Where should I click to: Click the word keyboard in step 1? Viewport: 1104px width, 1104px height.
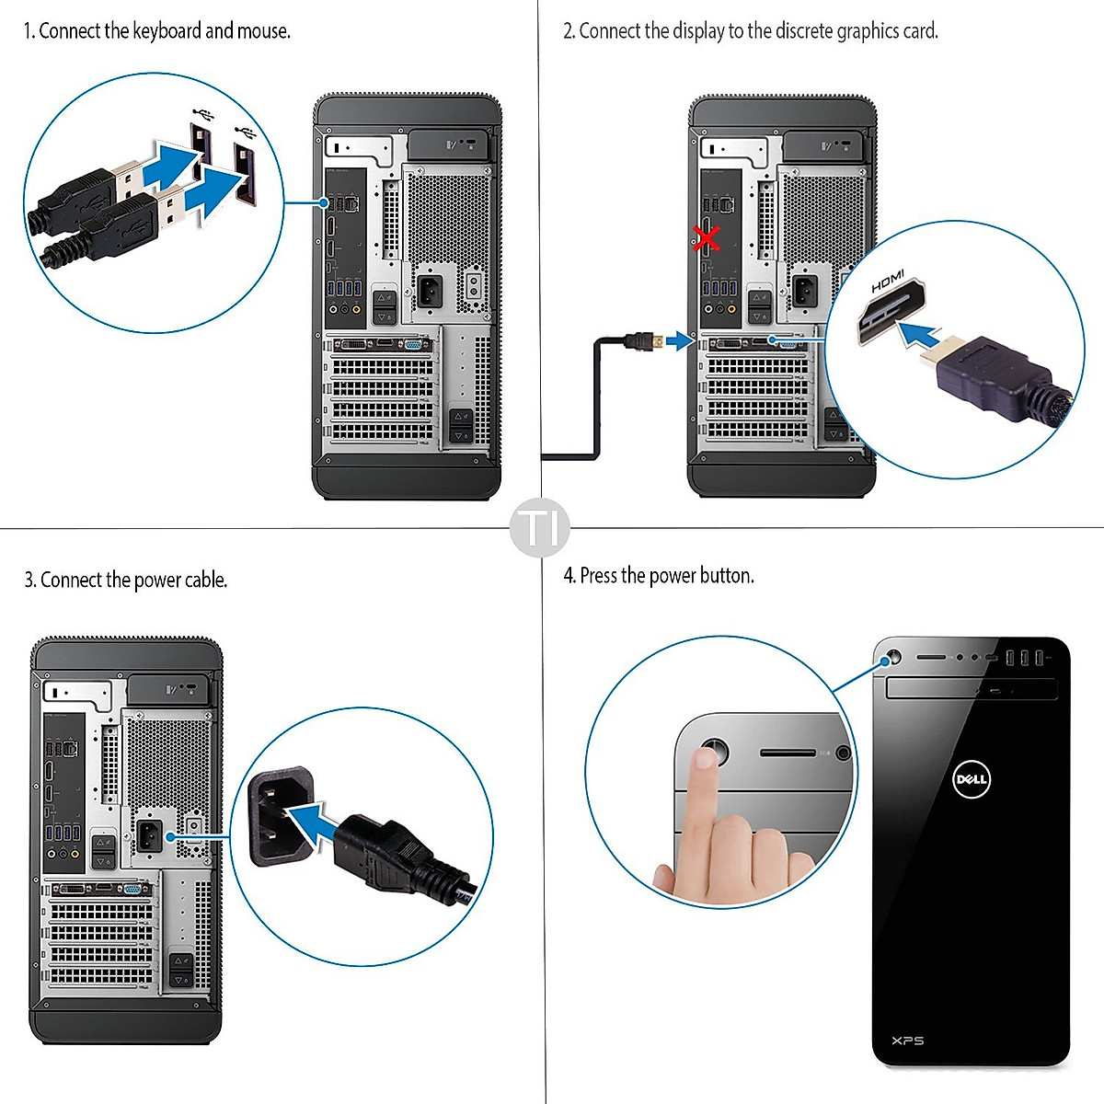[167, 31]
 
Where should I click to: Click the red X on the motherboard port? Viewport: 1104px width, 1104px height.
[707, 239]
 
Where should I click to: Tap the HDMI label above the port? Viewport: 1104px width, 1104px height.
[888, 282]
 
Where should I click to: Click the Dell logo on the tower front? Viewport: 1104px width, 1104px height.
[971, 779]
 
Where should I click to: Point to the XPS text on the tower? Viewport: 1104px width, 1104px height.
[907, 1041]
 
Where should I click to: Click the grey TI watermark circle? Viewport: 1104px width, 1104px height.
[540, 528]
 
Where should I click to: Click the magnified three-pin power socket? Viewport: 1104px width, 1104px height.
[280, 814]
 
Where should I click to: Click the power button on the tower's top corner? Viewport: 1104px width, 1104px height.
[890, 660]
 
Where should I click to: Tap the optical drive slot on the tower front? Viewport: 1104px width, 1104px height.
[971, 688]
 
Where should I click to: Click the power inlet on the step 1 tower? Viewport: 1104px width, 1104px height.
[429, 291]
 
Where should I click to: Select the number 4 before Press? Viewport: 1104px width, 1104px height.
[569, 576]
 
